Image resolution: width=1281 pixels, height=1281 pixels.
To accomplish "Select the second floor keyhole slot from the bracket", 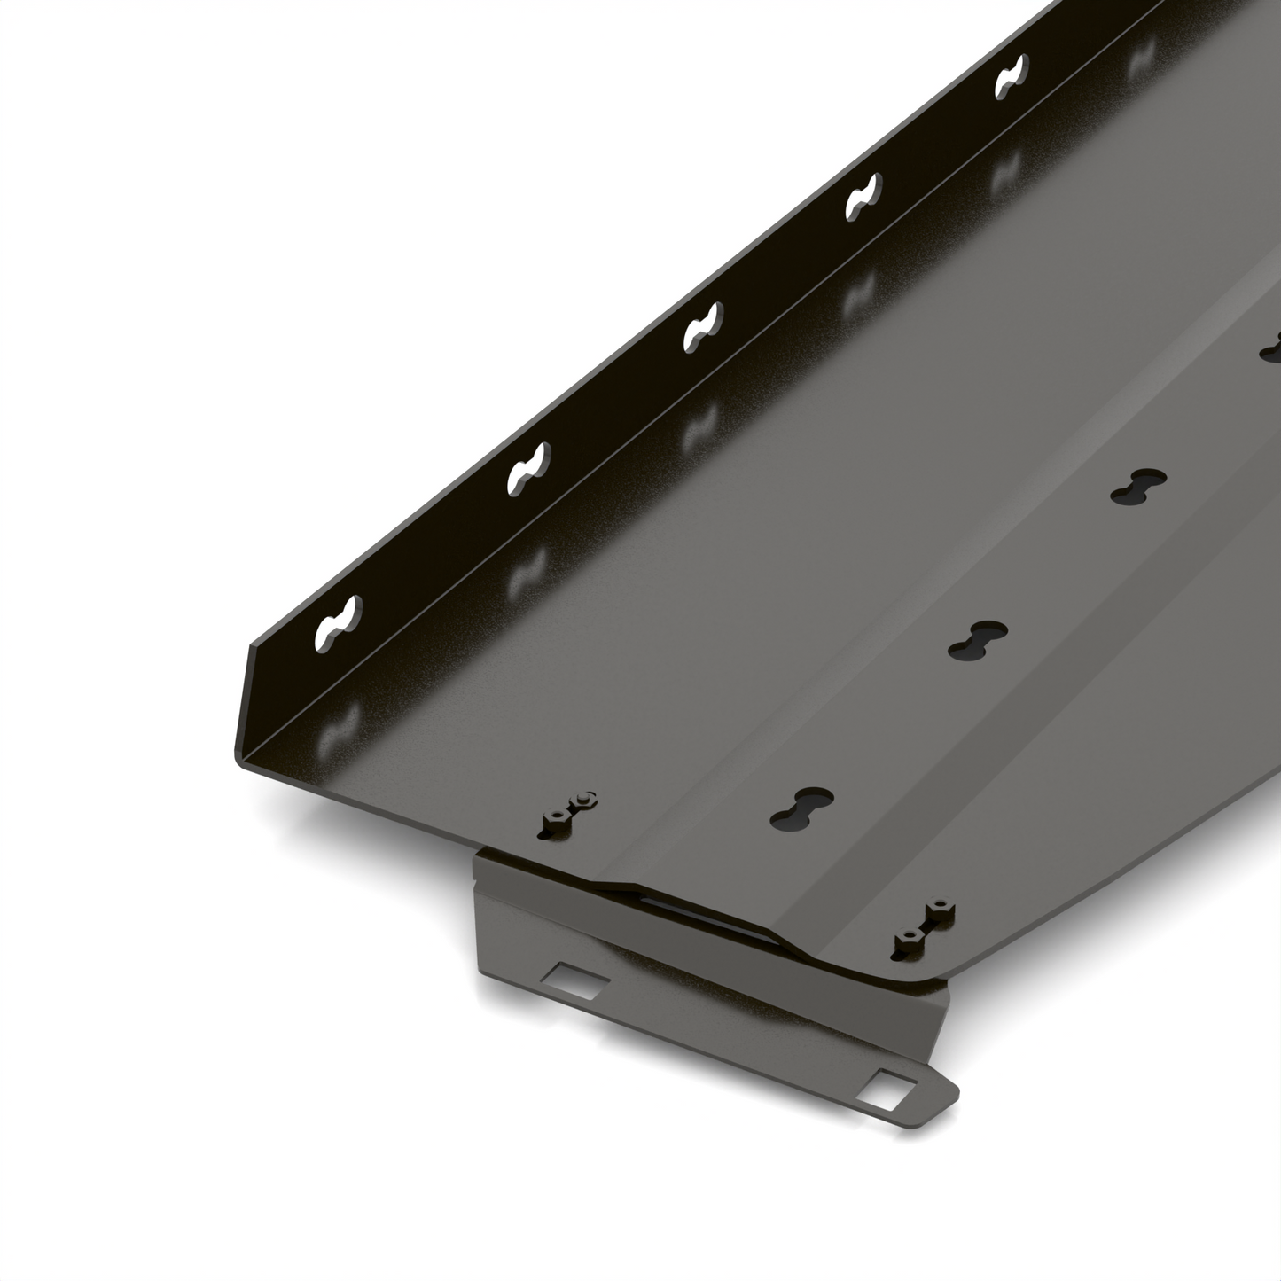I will (x=977, y=640).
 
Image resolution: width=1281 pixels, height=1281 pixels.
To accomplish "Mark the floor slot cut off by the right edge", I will (x=1271, y=348).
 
